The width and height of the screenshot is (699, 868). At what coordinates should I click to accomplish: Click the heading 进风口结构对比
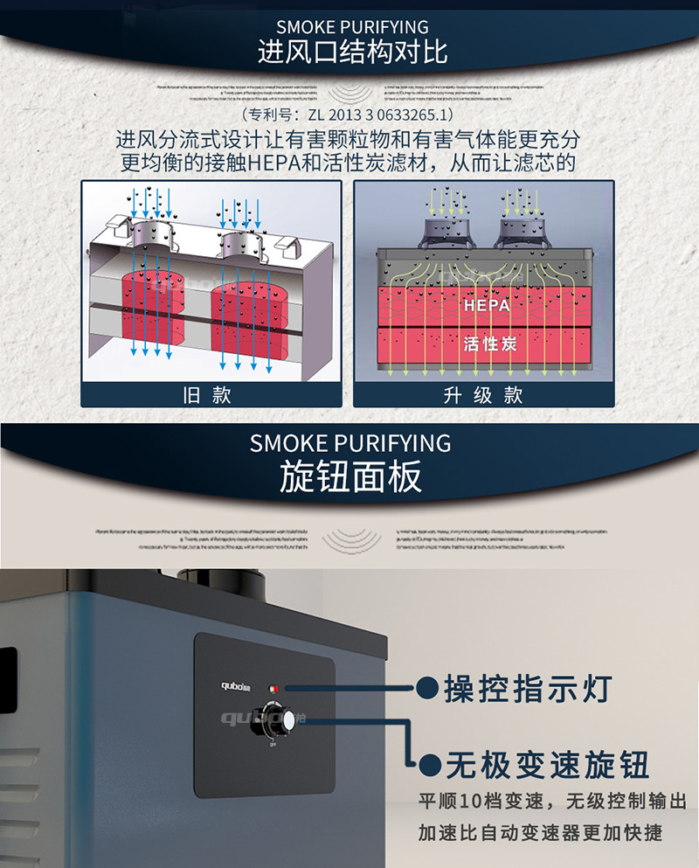[x=352, y=52]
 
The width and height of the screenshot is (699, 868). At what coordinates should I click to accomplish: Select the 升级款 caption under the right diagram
[x=482, y=394]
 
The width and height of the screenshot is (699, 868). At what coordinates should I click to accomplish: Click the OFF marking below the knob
[x=273, y=746]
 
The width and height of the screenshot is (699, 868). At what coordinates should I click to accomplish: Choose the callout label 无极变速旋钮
[x=547, y=766]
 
